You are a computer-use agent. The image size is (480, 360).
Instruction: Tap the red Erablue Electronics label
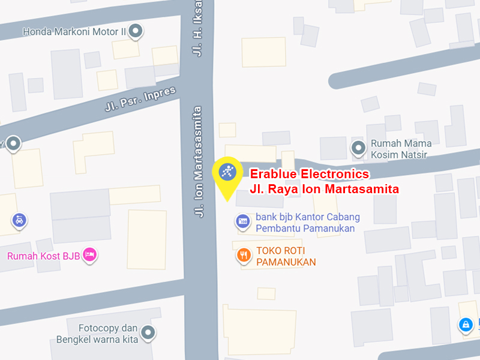(x=309, y=174)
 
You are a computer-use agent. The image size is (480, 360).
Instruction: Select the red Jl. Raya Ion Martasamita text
(x=324, y=189)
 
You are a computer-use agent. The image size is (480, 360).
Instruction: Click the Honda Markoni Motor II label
(x=74, y=31)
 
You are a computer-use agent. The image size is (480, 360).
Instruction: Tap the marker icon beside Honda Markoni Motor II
(x=136, y=31)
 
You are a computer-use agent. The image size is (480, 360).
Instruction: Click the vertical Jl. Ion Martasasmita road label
(x=199, y=162)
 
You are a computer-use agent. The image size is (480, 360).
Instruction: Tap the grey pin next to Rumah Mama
(x=358, y=147)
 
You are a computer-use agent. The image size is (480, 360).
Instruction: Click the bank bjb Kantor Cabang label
(x=307, y=223)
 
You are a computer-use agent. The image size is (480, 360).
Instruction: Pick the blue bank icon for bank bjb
(x=242, y=222)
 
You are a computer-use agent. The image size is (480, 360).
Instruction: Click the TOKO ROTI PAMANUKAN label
(x=286, y=256)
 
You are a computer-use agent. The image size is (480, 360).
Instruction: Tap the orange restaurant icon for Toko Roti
(x=243, y=256)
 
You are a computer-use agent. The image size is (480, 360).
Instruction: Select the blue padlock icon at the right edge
(x=464, y=326)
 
